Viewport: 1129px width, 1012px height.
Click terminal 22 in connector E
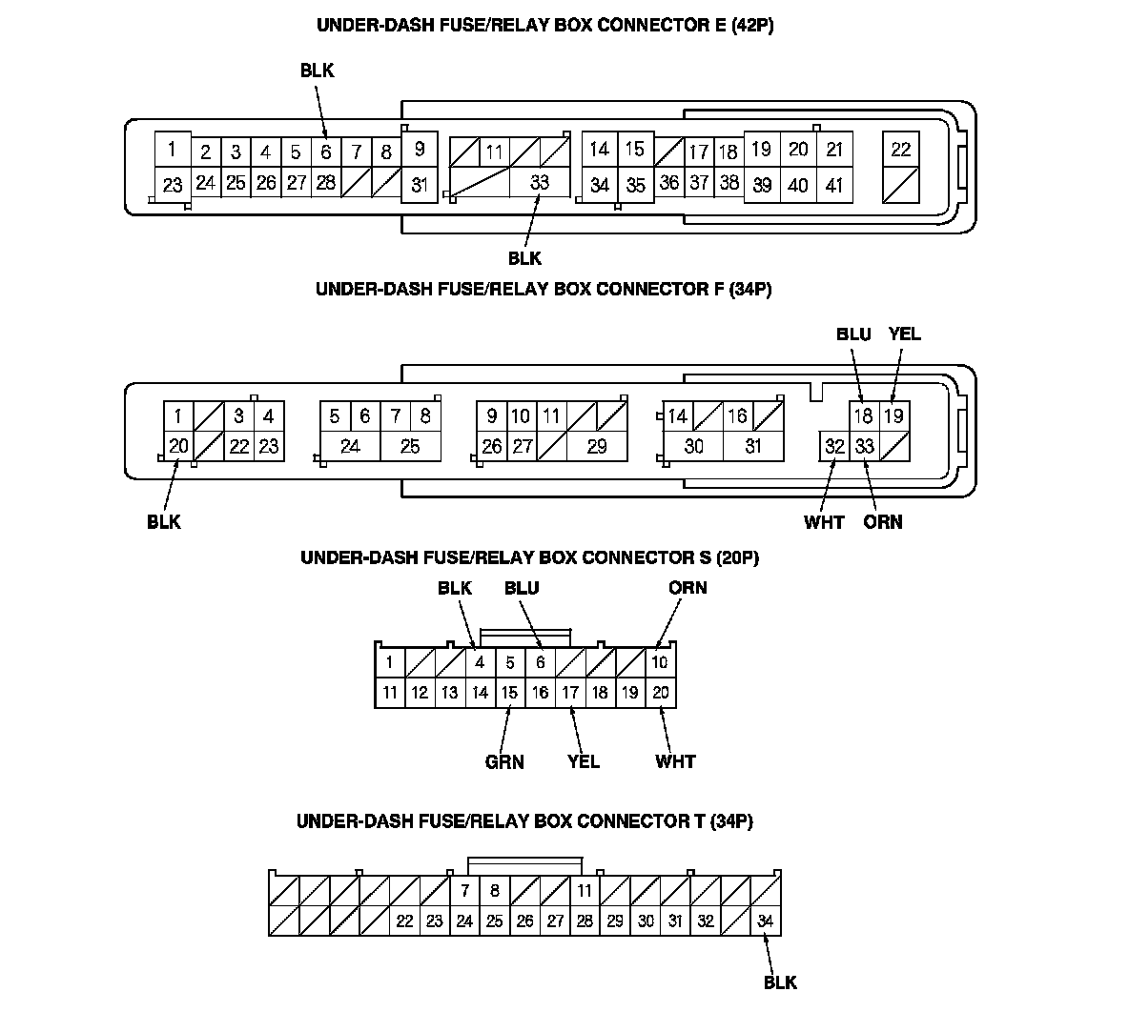[901, 149]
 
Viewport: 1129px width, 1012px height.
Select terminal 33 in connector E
[540, 183]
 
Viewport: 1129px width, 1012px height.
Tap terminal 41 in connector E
[834, 185]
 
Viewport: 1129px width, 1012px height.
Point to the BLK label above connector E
[318, 71]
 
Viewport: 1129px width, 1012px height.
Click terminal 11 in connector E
[494, 152]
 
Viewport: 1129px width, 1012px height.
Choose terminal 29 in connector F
[597, 445]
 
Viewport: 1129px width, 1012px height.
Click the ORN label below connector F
[882, 521]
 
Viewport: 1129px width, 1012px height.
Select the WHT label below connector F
[823, 521]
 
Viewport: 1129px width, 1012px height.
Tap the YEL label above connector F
[904, 334]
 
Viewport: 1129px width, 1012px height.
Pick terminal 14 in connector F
[677, 415]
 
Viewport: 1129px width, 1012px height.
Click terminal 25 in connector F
[410, 445]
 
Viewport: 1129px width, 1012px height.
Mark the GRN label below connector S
[504, 761]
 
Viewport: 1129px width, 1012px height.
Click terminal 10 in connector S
[660, 662]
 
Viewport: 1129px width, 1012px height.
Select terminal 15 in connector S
[510, 693]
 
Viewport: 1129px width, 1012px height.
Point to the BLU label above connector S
[522, 588]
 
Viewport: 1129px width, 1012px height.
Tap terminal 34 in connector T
[765, 921]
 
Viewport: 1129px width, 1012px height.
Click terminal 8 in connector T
[494, 891]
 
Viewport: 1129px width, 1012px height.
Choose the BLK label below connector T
[780, 982]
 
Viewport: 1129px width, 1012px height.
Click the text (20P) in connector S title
[734, 557]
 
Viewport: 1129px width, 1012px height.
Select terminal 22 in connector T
[404, 921]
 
